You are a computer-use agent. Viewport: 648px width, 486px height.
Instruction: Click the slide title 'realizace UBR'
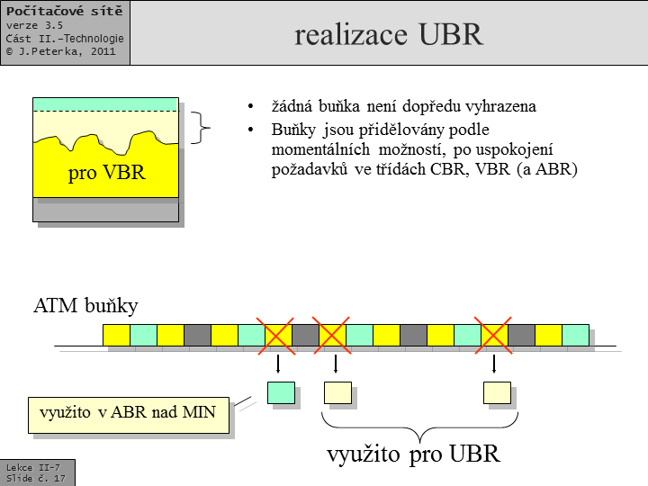(388, 34)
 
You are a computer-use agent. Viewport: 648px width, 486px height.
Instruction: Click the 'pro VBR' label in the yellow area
(106, 172)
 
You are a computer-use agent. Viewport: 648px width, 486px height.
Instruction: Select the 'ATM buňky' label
(85, 306)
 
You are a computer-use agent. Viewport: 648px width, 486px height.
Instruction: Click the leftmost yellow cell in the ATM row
(116, 335)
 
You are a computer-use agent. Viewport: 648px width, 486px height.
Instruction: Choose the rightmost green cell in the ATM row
(575, 335)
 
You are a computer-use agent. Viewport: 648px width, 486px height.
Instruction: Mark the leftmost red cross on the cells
(277, 335)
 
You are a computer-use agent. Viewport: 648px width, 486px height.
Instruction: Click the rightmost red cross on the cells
(494, 335)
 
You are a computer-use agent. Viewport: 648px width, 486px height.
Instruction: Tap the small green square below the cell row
(281, 391)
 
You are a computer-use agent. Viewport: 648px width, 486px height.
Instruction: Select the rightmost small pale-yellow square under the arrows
(496, 392)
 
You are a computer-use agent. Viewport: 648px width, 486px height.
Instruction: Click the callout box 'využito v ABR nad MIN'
(129, 413)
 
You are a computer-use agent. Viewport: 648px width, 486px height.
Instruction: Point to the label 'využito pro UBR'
(413, 454)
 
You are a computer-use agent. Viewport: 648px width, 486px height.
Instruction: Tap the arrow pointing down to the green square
(278, 364)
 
